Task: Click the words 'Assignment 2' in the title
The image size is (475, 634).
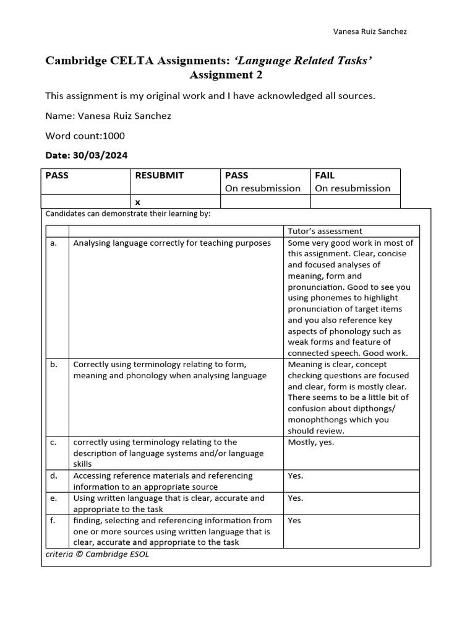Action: pos(226,75)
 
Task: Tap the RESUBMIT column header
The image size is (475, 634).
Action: pos(159,175)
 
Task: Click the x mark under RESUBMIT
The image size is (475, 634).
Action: pos(137,202)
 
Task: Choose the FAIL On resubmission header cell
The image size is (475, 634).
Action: pos(353,181)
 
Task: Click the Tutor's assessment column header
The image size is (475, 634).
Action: pos(325,231)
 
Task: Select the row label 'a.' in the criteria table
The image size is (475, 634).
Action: pos(54,243)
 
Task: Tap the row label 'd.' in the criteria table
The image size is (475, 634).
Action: pos(54,475)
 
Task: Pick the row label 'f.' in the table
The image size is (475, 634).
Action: pos(53,520)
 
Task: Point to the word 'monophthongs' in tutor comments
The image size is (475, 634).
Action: pos(316,420)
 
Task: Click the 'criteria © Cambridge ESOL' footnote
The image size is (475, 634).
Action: pos(97,554)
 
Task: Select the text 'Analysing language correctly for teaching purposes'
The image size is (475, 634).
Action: pos(172,243)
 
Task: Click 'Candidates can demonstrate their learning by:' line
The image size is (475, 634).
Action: pos(128,214)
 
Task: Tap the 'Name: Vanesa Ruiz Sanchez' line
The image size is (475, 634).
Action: pos(108,116)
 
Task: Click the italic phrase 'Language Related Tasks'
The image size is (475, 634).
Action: pos(302,60)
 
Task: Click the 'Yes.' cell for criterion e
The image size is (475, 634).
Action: pos(296,498)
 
